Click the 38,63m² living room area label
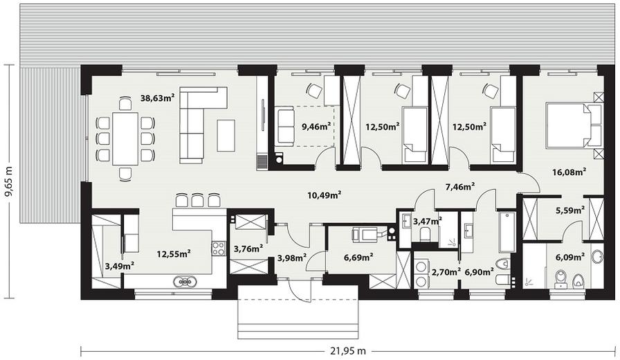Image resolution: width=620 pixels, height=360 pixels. (x=158, y=98)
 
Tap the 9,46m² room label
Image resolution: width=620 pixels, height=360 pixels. (x=316, y=127)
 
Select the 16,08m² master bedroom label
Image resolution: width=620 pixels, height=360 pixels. (x=569, y=172)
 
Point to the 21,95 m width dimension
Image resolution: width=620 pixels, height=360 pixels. (x=347, y=350)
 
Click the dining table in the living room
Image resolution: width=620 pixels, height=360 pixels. (x=125, y=138)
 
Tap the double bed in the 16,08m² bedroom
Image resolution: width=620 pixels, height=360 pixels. (x=574, y=125)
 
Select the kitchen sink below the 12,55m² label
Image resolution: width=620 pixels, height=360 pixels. (x=185, y=281)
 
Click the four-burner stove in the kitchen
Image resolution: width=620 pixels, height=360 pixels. (x=219, y=248)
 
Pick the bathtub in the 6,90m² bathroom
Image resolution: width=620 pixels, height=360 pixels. (x=507, y=233)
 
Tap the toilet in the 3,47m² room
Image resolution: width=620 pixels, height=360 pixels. (x=426, y=234)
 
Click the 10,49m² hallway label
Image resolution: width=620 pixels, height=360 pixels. (x=325, y=195)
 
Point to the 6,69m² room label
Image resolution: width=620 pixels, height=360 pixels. (x=359, y=258)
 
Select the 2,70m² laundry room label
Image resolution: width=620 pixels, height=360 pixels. (x=446, y=272)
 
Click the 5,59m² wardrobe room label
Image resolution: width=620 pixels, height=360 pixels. (x=570, y=210)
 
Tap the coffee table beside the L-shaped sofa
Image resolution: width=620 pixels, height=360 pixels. (x=226, y=135)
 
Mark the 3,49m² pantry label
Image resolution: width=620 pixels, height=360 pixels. (x=119, y=266)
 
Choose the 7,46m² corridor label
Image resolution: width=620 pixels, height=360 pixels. (x=460, y=186)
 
